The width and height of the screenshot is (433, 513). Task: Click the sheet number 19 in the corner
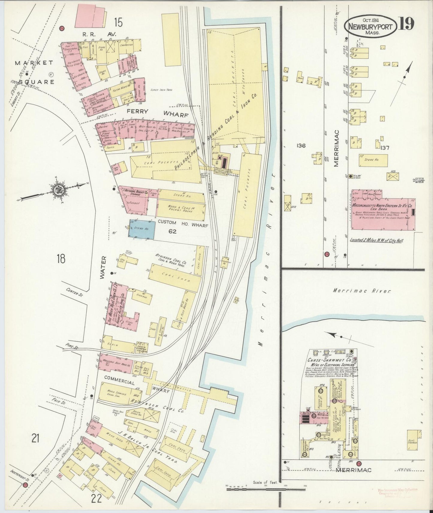407,24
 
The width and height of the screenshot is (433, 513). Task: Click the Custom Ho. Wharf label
182,222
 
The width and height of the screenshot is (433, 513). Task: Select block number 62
172,231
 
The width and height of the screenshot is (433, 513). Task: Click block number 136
301,146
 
